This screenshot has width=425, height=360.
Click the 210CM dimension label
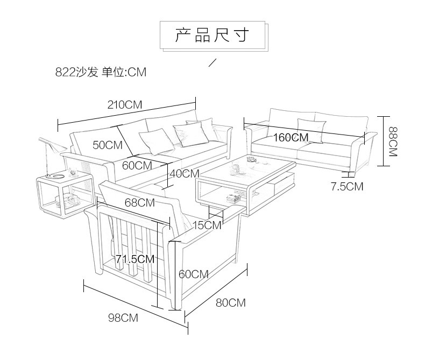click(125, 104)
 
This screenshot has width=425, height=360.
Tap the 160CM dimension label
click(291, 137)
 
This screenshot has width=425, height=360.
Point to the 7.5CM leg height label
click(347, 187)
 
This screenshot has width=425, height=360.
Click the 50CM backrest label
click(108, 145)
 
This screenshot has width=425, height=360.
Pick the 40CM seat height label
click(185, 173)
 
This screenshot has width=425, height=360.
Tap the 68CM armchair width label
click(139, 203)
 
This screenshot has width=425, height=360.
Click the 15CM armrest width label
click(207, 225)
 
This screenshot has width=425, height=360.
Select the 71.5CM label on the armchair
click(135, 259)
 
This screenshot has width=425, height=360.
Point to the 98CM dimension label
click(123, 317)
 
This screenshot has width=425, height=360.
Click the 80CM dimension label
click(231, 303)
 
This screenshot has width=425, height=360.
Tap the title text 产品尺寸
click(212, 35)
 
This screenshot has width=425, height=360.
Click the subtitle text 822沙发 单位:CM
click(101, 72)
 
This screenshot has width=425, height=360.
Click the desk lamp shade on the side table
click(53, 144)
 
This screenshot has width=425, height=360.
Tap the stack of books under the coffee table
click(234, 199)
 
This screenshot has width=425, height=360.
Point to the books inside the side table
click(68, 202)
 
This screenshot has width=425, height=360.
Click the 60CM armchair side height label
click(194, 274)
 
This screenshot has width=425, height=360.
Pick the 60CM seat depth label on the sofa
click(137, 165)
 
